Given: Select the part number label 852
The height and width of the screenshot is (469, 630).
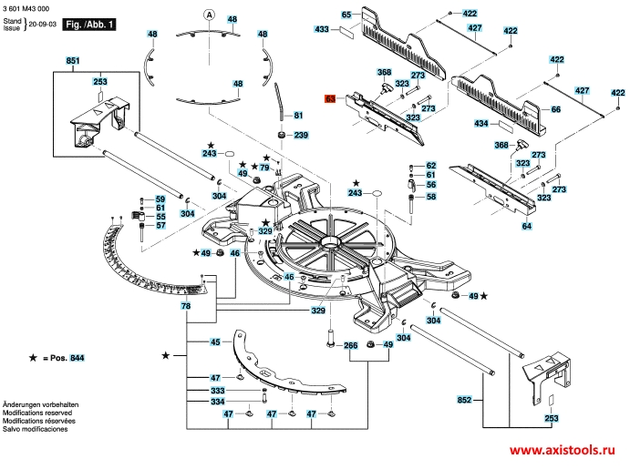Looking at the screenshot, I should tap(465, 399).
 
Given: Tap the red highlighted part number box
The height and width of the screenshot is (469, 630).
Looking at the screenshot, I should tap(331, 97).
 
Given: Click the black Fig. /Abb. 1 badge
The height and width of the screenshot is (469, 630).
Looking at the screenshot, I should tap(88, 25).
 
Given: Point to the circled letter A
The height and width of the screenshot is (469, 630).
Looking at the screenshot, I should tap(208, 15).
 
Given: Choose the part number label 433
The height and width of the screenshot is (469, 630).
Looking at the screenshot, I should tap(322, 30).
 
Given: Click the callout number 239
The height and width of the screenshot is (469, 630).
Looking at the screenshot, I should tap(301, 136).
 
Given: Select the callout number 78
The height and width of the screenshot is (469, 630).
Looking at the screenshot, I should tap(186, 307).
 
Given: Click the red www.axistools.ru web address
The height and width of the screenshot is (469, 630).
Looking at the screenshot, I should tap(562, 452).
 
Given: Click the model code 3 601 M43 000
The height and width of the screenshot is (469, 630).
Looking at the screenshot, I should tap(28, 6).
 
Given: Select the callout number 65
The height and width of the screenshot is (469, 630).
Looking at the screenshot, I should tap(346, 15).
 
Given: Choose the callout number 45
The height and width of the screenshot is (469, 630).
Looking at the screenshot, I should tap(216, 342).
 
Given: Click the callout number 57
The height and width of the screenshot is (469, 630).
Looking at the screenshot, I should tap(160, 226).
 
